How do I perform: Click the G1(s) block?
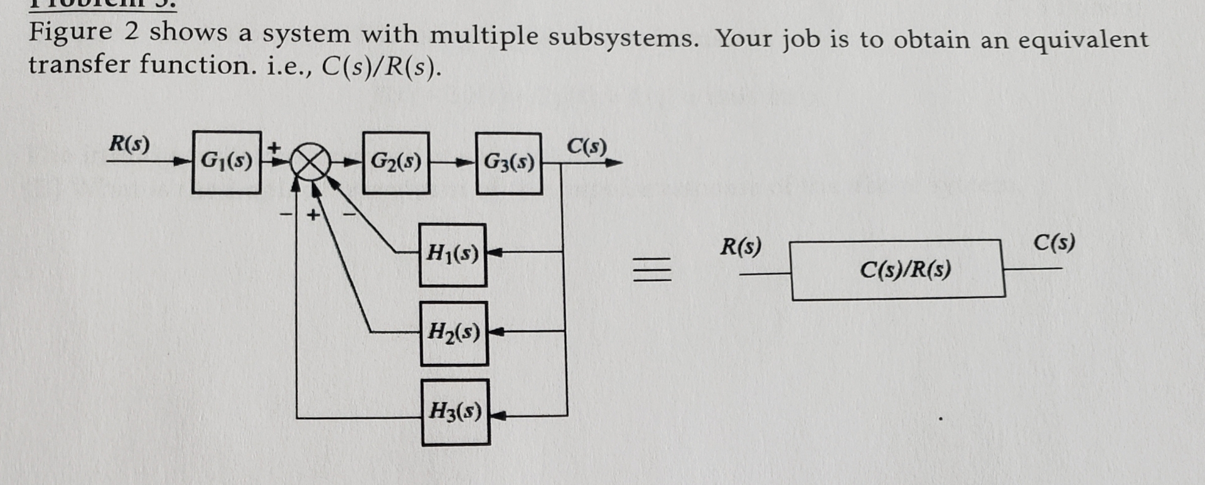pos(227,162)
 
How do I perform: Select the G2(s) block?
pos(396,163)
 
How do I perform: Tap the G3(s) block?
pos(509,163)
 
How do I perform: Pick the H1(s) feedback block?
pos(453,254)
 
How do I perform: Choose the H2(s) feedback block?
pos(454,333)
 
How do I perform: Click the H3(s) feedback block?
pos(456,412)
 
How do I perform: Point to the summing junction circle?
pos(310,163)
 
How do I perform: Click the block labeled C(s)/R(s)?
pos(897,270)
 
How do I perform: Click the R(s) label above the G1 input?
pos(129,144)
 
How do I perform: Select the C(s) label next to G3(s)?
pos(587,146)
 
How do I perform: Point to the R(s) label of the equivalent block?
pos(741,246)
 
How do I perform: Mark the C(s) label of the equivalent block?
pos(1054,242)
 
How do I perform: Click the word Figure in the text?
pos(70,31)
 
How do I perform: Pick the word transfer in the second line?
pos(78,64)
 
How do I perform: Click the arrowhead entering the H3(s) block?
pos(496,415)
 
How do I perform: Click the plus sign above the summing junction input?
pos(274,148)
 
